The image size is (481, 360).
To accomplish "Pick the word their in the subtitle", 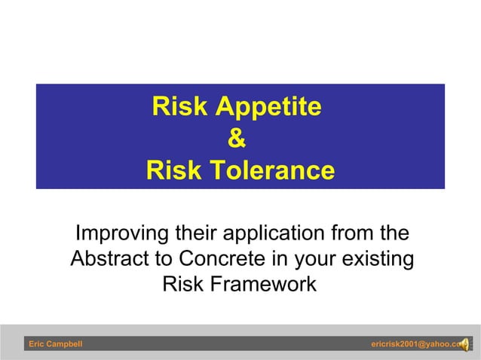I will [x=198, y=232].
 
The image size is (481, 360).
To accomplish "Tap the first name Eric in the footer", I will [x=37, y=344].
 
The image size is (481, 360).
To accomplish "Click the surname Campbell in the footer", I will [x=66, y=344].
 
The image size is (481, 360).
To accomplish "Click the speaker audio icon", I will [x=462, y=344].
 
